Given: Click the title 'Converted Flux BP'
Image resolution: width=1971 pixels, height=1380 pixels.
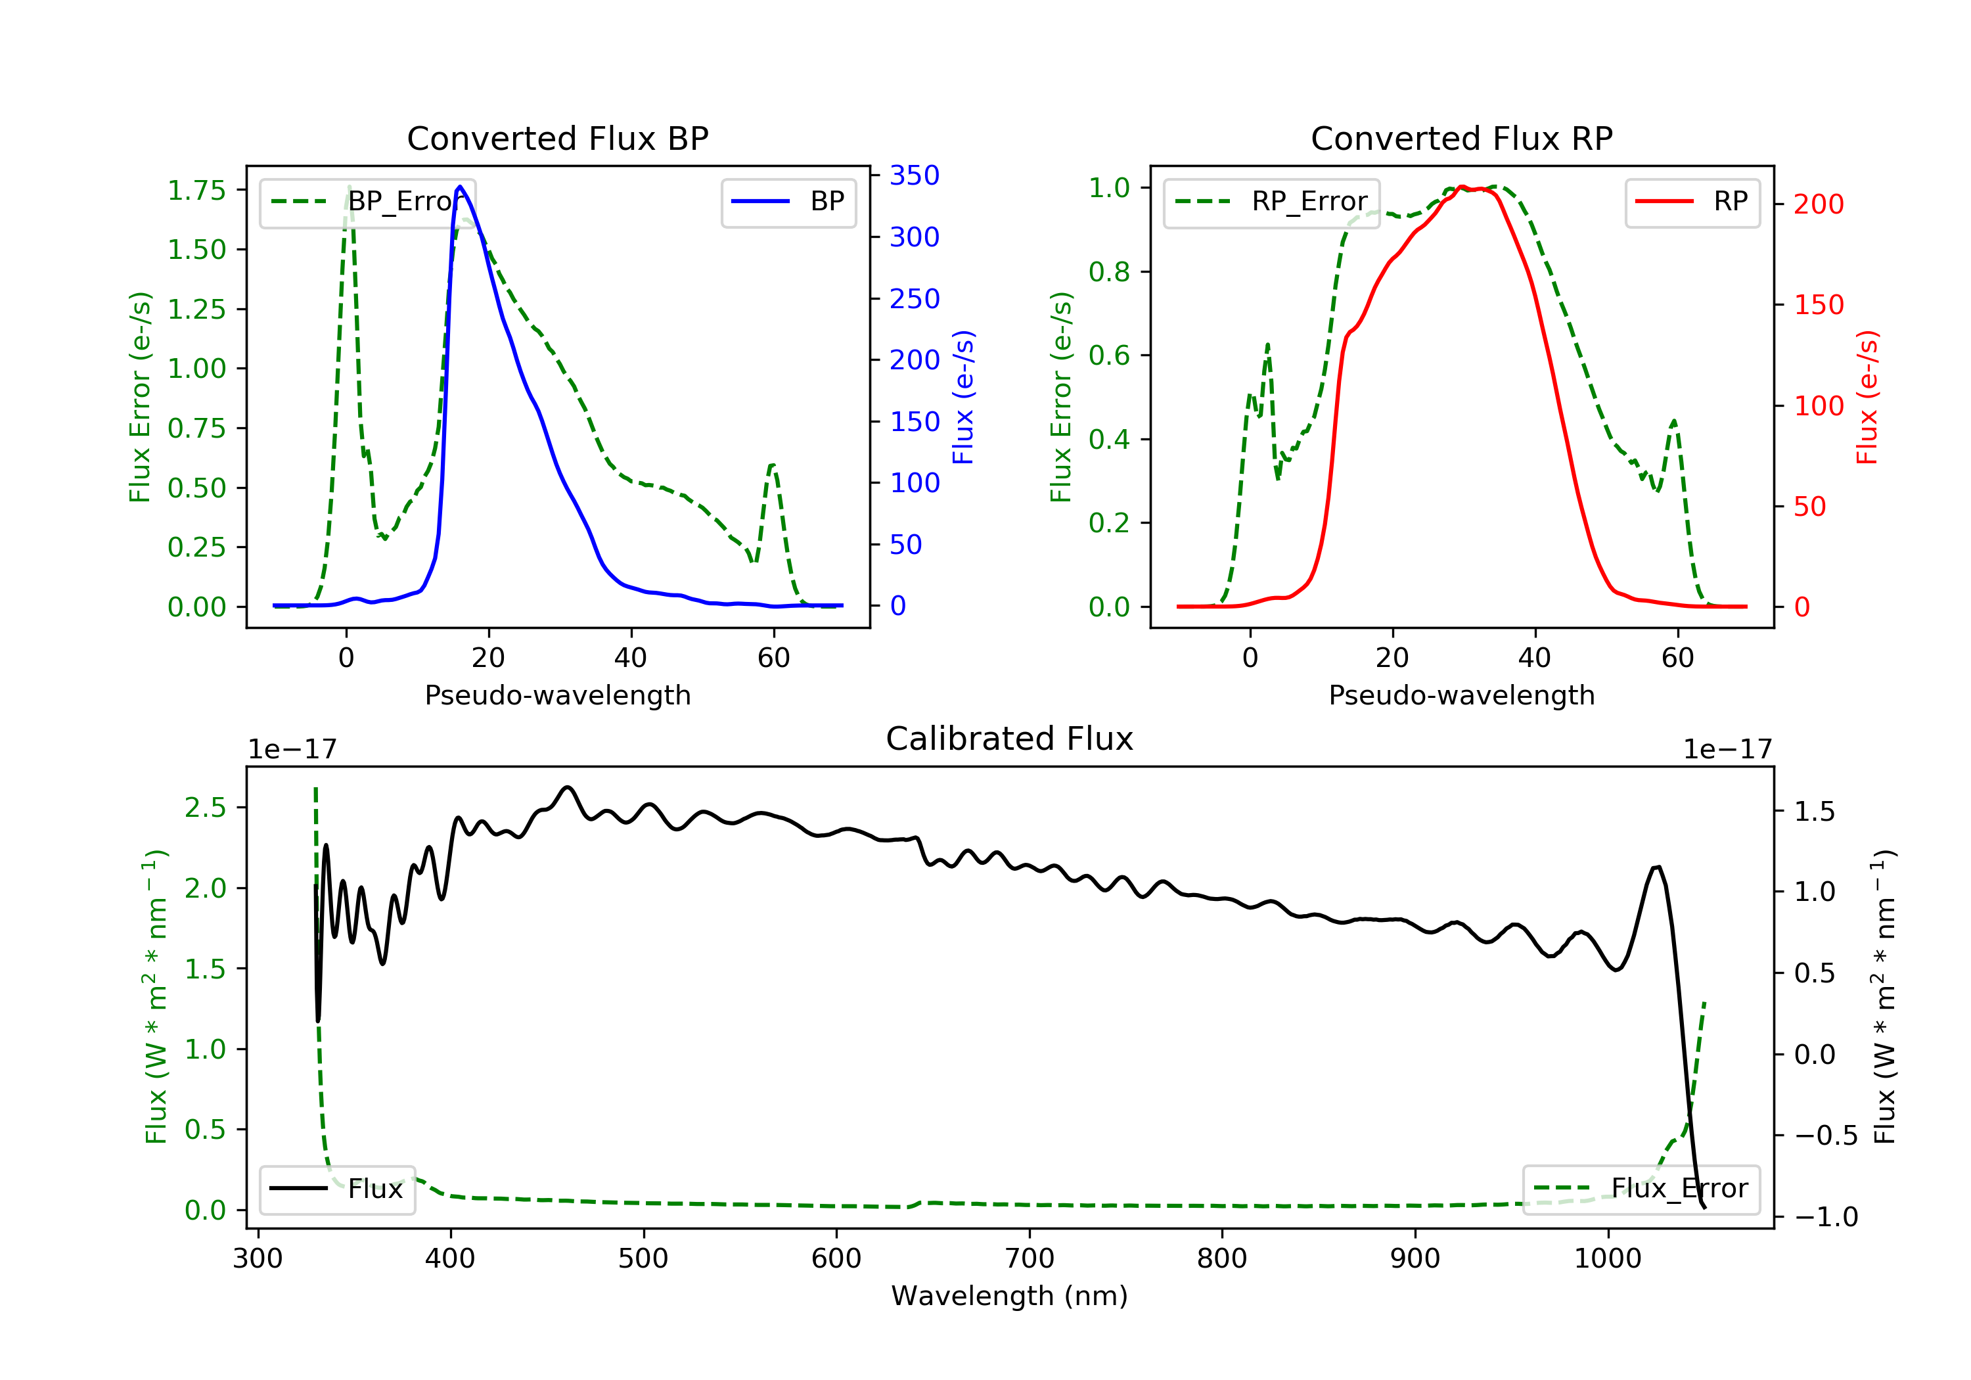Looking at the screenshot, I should point(557,138).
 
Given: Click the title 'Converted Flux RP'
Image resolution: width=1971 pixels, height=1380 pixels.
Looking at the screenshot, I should point(1461,138).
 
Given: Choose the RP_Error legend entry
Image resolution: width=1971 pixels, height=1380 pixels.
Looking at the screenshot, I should point(1271,202).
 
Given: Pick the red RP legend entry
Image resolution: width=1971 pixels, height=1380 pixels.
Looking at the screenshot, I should point(1692,202).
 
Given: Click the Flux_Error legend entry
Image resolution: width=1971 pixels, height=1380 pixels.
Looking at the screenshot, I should point(1641,1189).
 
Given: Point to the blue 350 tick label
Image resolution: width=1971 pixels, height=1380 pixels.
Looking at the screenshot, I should point(915,176).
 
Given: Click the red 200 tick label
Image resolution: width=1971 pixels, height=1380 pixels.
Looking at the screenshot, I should point(1818,204).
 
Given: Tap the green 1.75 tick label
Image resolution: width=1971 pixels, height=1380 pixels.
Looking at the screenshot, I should point(196,191).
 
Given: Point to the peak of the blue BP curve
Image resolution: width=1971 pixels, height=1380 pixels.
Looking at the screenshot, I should point(460,187).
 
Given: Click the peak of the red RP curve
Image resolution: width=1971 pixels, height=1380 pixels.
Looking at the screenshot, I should point(1461,187).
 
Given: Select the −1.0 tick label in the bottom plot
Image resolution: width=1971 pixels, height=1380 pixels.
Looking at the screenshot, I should point(1825,1217).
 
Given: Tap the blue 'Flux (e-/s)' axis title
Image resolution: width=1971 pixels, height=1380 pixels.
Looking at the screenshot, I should point(963,397).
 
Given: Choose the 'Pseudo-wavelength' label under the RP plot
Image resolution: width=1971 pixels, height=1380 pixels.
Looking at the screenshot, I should point(1461,695).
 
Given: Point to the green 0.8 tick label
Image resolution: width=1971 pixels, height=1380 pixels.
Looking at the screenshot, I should point(1108,272).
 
